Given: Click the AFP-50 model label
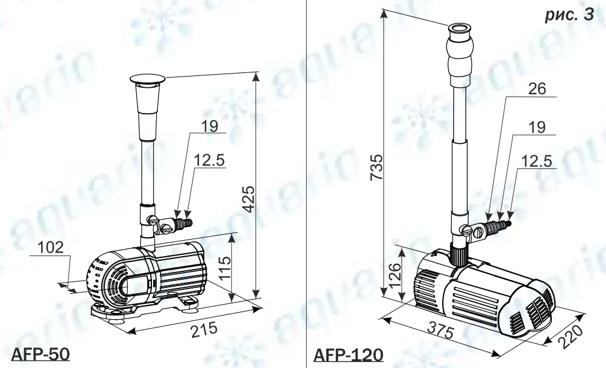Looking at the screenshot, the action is [x=41, y=354].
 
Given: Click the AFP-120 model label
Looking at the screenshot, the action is [x=348, y=354].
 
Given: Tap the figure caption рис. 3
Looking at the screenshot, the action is [x=569, y=15].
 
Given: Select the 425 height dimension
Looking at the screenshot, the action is [x=250, y=199].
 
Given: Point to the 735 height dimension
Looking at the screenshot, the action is [x=376, y=167].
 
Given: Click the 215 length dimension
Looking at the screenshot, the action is [x=204, y=330].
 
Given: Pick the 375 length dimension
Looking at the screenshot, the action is [x=441, y=329].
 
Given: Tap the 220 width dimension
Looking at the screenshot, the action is [x=571, y=336].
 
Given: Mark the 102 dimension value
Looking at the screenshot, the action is [x=51, y=247].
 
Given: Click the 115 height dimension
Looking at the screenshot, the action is [x=224, y=266].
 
